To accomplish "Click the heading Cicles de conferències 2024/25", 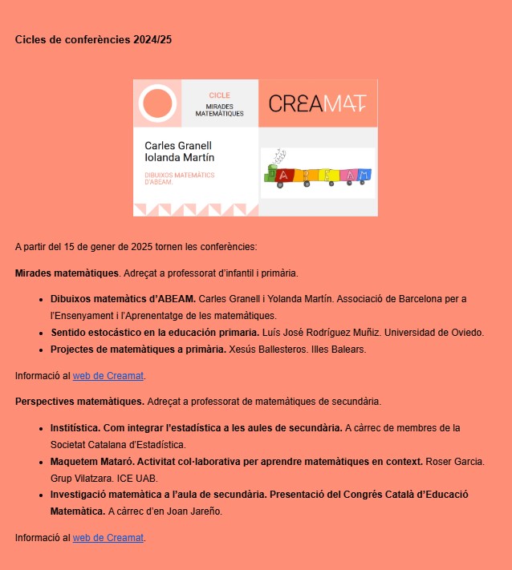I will (93, 39).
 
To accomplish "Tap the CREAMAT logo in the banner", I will (318, 103).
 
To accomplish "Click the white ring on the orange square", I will (157, 103).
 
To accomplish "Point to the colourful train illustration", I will (318, 174).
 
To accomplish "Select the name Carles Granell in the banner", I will (178, 146).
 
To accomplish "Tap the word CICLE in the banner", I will (219, 95).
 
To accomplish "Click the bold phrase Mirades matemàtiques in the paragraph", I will (67, 273).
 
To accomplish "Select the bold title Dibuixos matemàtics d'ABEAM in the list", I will (123, 299).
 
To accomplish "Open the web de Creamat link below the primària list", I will (108, 375).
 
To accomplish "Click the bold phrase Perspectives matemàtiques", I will (79, 401).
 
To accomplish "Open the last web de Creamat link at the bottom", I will (108, 537).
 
